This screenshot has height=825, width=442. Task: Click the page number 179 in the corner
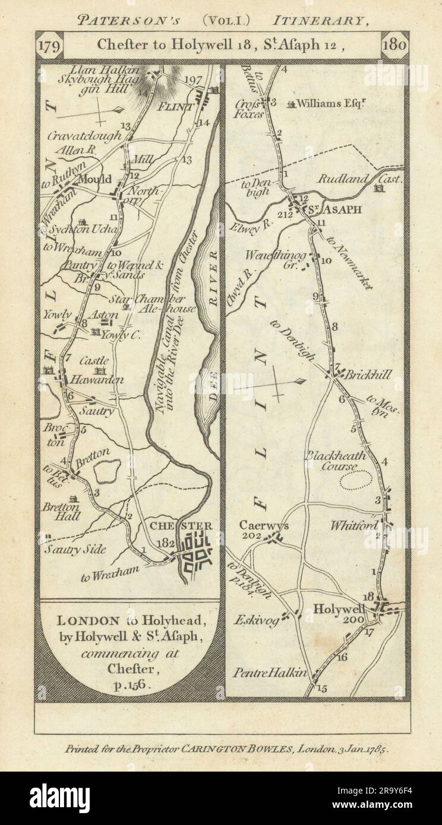click(x=48, y=46)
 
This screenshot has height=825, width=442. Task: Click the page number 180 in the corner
click(x=394, y=46)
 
